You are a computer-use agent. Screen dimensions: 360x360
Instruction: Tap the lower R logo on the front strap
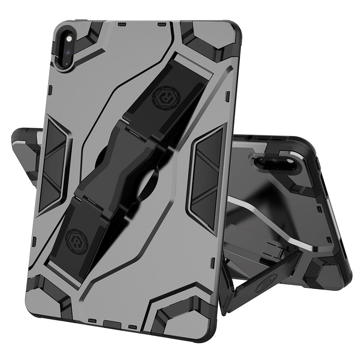pos(77,239)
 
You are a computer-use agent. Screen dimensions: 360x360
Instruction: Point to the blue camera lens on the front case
pos(68,52)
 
